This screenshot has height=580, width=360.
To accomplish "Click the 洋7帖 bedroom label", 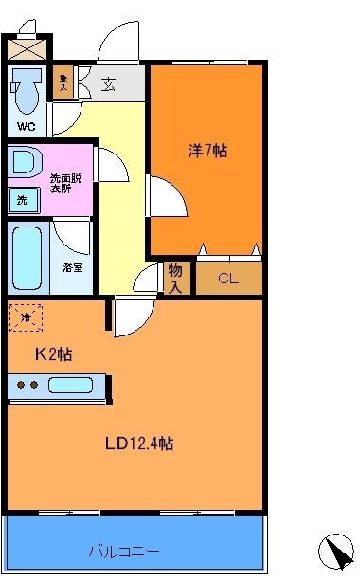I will (x=207, y=150).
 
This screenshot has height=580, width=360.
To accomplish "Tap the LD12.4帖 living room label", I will (x=138, y=443).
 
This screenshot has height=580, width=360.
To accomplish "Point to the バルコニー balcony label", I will (x=124, y=551).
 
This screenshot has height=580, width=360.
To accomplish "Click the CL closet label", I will (x=228, y=278).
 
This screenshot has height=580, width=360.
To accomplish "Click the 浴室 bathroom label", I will (x=73, y=267).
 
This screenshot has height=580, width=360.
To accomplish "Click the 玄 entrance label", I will (x=111, y=83).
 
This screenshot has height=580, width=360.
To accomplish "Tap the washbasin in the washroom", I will (x=24, y=162).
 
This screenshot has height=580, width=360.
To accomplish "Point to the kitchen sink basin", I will (x=72, y=386).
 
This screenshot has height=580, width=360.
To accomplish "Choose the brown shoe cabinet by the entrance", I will (x=63, y=82).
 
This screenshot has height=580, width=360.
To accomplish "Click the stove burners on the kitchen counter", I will (x=27, y=386).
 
